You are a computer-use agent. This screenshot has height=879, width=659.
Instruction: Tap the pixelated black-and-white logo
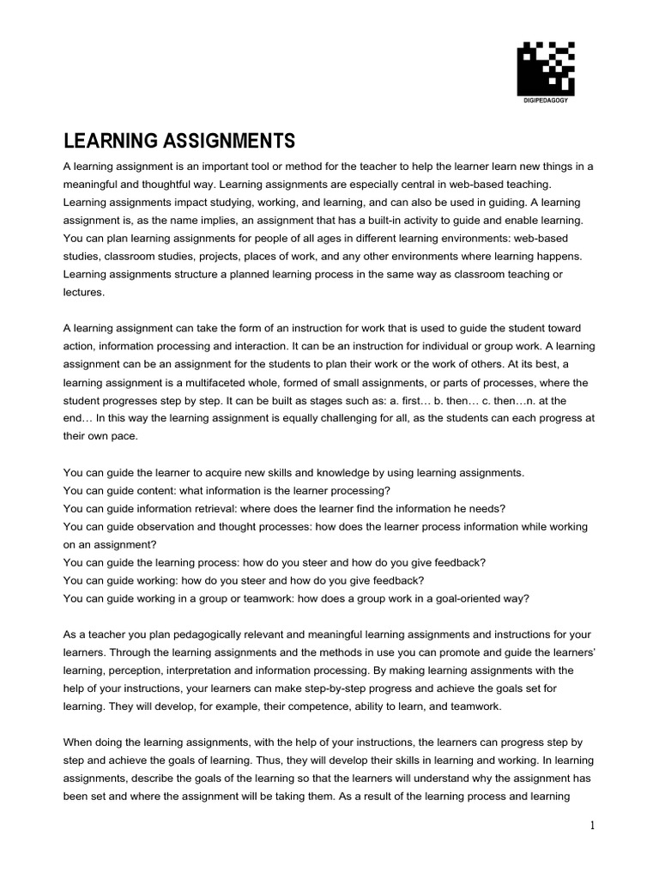point(545,68)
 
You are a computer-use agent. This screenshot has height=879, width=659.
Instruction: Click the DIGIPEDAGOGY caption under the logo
point(545,101)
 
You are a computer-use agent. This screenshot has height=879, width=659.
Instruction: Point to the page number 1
point(592,826)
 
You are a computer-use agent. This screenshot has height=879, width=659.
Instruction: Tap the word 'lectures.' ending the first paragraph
point(83,292)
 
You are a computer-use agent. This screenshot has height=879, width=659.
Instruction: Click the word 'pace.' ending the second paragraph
point(119,436)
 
